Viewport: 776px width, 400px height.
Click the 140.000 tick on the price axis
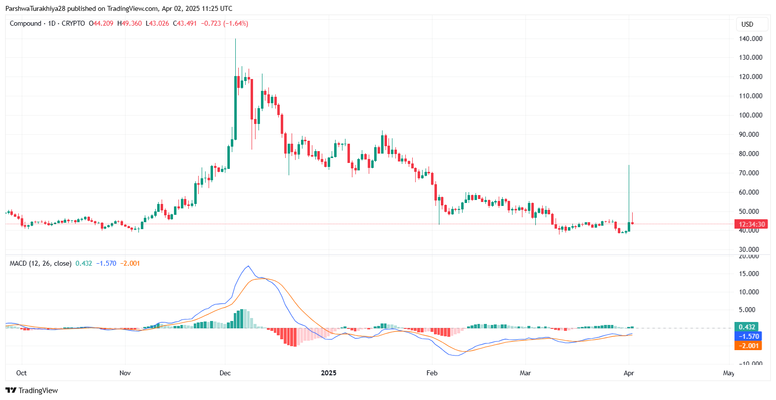tap(750, 39)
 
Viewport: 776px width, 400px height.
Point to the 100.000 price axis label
tap(750, 115)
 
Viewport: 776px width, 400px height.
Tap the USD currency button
tap(747, 24)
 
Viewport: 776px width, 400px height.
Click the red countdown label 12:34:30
tap(751, 224)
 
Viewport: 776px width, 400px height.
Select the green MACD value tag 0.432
tap(746, 327)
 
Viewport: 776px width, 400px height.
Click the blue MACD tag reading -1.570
tap(748, 336)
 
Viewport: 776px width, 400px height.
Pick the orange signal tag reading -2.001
tap(748, 346)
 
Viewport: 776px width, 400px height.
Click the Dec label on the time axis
tap(225, 373)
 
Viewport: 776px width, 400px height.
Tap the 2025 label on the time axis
tap(328, 373)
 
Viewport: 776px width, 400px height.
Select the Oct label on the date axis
tap(21, 373)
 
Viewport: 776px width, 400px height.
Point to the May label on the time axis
tap(729, 373)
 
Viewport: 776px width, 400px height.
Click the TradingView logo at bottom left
tap(32, 391)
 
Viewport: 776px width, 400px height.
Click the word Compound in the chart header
tap(26, 23)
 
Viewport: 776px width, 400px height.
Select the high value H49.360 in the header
tap(129, 23)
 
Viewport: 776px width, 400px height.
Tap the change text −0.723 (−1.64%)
tap(224, 23)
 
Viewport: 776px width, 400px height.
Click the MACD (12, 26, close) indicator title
tap(41, 263)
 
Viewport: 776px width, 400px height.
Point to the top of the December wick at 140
tap(235, 40)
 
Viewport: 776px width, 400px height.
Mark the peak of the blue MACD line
tap(248, 267)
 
